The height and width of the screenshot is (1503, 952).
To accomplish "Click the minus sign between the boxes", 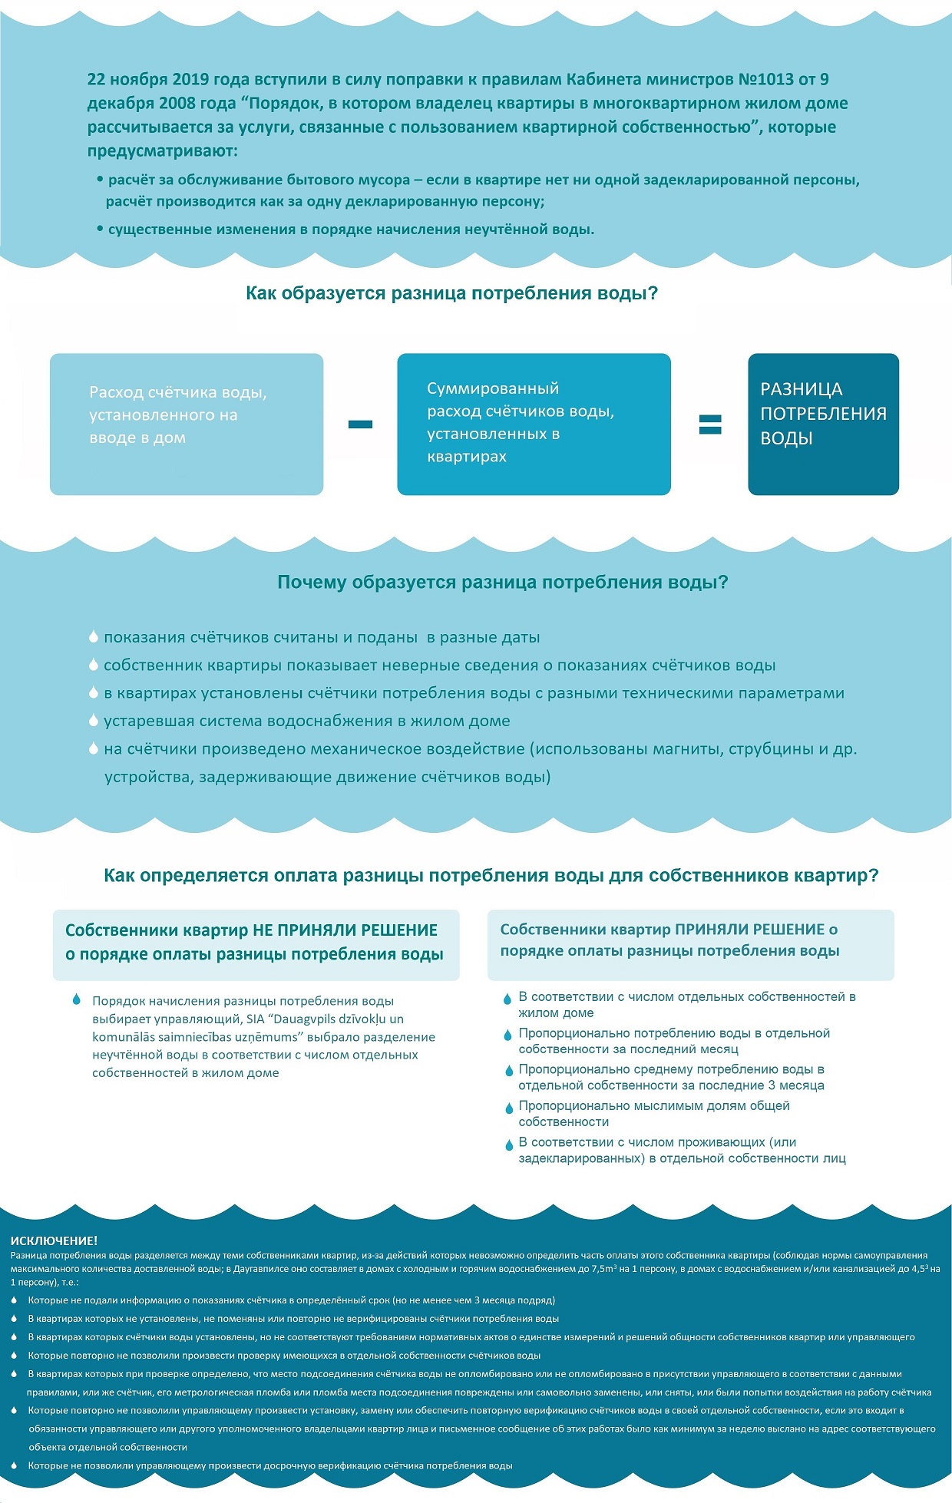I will (360, 424).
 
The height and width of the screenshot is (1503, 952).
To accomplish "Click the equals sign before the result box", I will (710, 424).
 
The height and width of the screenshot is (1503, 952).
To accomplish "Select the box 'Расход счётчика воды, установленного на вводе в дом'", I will (187, 424).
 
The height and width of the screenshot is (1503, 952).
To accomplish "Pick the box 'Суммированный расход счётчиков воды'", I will (534, 424).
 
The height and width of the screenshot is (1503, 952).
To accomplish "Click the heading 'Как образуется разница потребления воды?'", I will (451, 293).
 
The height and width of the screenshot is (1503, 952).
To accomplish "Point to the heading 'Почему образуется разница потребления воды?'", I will (502, 582).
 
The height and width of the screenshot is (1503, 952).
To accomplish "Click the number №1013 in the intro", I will (765, 80).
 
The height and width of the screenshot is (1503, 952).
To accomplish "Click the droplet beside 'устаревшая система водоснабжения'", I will (94, 721).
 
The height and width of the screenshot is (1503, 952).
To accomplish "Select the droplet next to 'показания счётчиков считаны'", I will (94, 637).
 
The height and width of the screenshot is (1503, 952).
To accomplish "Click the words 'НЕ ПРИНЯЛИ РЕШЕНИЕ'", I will (345, 930).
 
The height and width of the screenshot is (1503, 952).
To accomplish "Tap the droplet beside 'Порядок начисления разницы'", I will (76, 999).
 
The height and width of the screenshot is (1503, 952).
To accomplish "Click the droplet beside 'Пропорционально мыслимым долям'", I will (507, 1108).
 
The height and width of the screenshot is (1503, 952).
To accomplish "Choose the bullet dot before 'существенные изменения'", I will (100, 229).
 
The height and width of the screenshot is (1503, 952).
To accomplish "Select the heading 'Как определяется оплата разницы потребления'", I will (491, 876).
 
